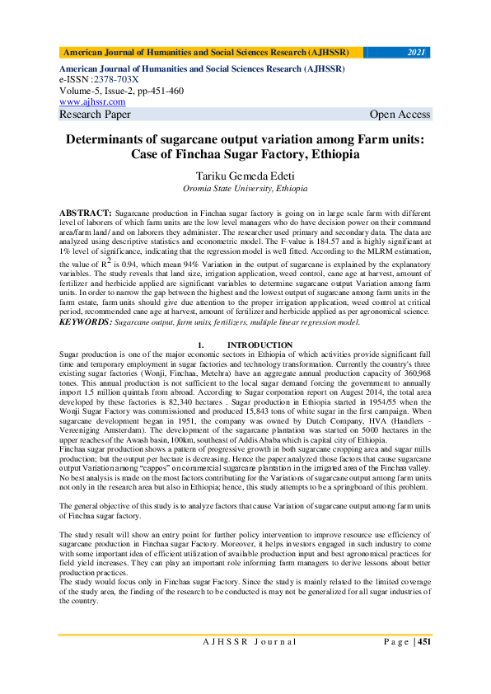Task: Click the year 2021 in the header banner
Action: (x=417, y=52)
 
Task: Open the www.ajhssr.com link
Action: (x=92, y=101)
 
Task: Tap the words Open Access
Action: (x=400, y=115)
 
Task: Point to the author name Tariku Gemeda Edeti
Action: (x=245, y=176)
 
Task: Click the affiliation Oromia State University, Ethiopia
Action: (x=245, y=190)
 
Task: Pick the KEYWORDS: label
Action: (x=86, y=323)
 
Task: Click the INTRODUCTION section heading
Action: (x=260, y=345)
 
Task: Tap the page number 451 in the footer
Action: (x=423, y=642)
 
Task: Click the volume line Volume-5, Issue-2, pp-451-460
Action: (x=121, y=91)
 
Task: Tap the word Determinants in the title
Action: (x=115, y=139)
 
